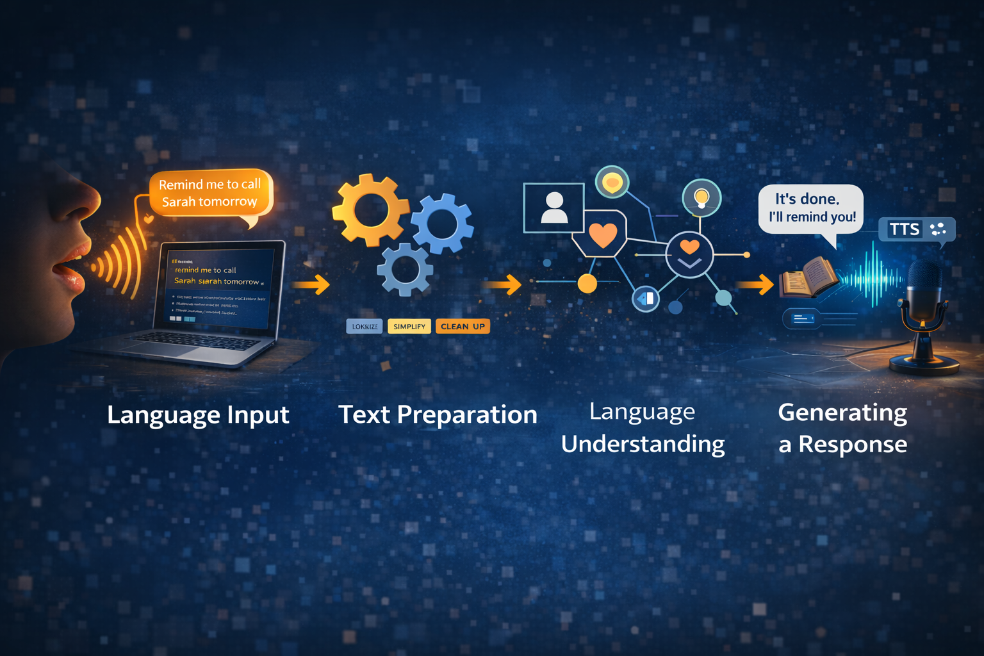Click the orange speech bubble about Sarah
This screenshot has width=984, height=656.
point(210,193)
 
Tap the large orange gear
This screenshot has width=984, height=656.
point(369,209)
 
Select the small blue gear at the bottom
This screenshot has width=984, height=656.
point(405,270)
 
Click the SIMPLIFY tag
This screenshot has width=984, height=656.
point(409,327)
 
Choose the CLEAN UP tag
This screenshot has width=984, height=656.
point(463,327)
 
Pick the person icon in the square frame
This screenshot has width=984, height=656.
point(554,208)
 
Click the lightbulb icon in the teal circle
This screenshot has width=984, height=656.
point(701,198)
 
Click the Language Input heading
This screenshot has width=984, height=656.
point(198,414)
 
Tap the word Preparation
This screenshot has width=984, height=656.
point(467,414)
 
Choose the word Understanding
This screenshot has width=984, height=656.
point(643,444)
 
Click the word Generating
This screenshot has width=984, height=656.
point(842,413)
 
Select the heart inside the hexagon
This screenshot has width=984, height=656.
point(602,234)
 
